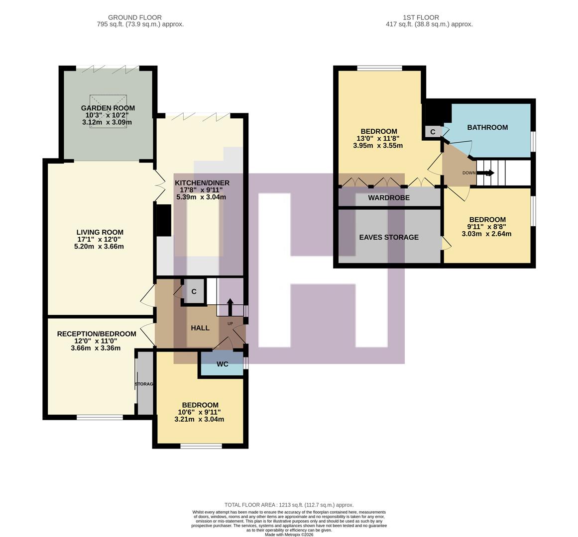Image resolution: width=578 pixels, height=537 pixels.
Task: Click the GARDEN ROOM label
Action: (108, 108)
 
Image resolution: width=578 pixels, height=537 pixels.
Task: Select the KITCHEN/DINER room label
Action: (202, 182)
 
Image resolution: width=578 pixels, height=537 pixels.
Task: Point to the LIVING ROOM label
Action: (100, 232)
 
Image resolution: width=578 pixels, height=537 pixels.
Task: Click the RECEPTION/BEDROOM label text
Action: (96, 334)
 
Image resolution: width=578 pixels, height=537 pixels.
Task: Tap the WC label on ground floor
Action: (222, 364)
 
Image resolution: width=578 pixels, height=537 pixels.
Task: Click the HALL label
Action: (200, 328)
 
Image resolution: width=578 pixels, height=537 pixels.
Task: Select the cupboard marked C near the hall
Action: (194, 292)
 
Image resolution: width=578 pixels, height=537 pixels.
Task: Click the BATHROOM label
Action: (487, 127)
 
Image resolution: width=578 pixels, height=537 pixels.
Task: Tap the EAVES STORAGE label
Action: (389, 237)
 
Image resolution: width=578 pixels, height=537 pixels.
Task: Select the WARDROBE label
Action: (389, 198)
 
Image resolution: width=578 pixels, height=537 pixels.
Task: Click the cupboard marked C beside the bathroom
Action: (432, 132)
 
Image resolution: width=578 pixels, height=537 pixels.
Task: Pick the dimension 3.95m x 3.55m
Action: (377, 146)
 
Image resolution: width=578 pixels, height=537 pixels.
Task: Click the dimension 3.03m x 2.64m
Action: (486, 234)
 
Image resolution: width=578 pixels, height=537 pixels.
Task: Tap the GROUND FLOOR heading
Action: (134, 17)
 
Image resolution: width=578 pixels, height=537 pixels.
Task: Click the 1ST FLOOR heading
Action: (421, 17)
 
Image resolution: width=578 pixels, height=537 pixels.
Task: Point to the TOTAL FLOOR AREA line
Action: (289, 505)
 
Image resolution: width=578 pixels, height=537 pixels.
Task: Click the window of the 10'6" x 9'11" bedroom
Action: (201, 446)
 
